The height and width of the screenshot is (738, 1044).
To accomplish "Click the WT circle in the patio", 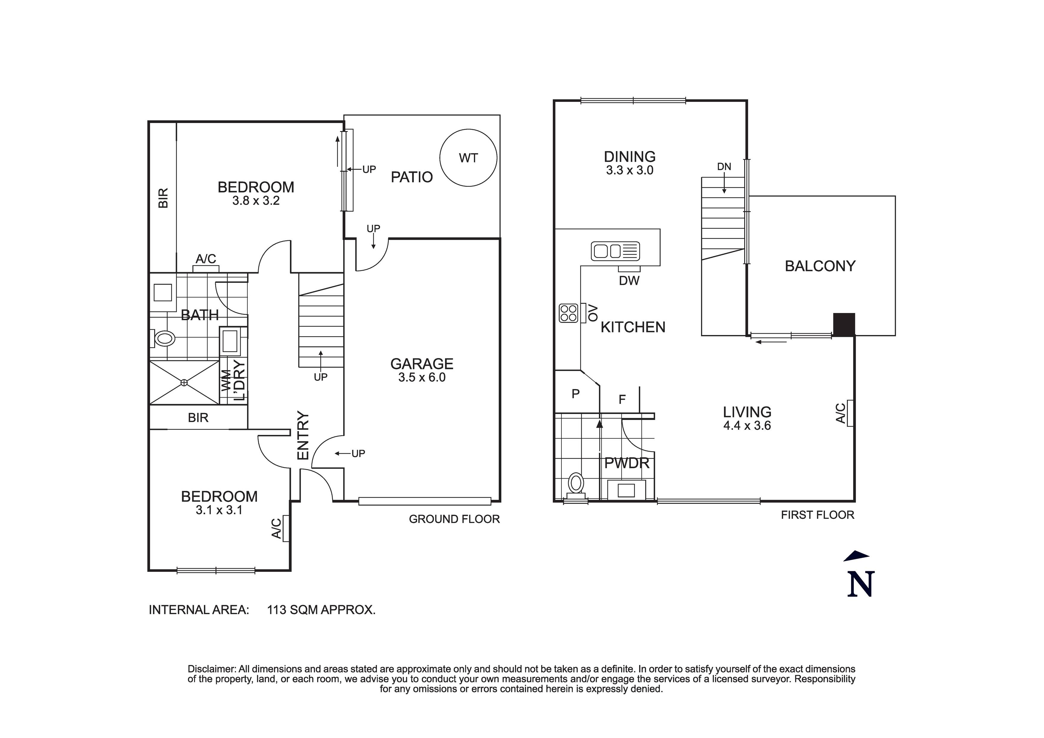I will (468, 158).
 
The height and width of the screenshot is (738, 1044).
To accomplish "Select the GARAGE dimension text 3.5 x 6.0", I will (422, 377).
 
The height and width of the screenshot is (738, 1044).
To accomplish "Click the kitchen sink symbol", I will (615, 251).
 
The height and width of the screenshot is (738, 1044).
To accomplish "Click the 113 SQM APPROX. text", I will (321, 610).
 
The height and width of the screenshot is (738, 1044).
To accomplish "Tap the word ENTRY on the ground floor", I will (303, 435).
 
